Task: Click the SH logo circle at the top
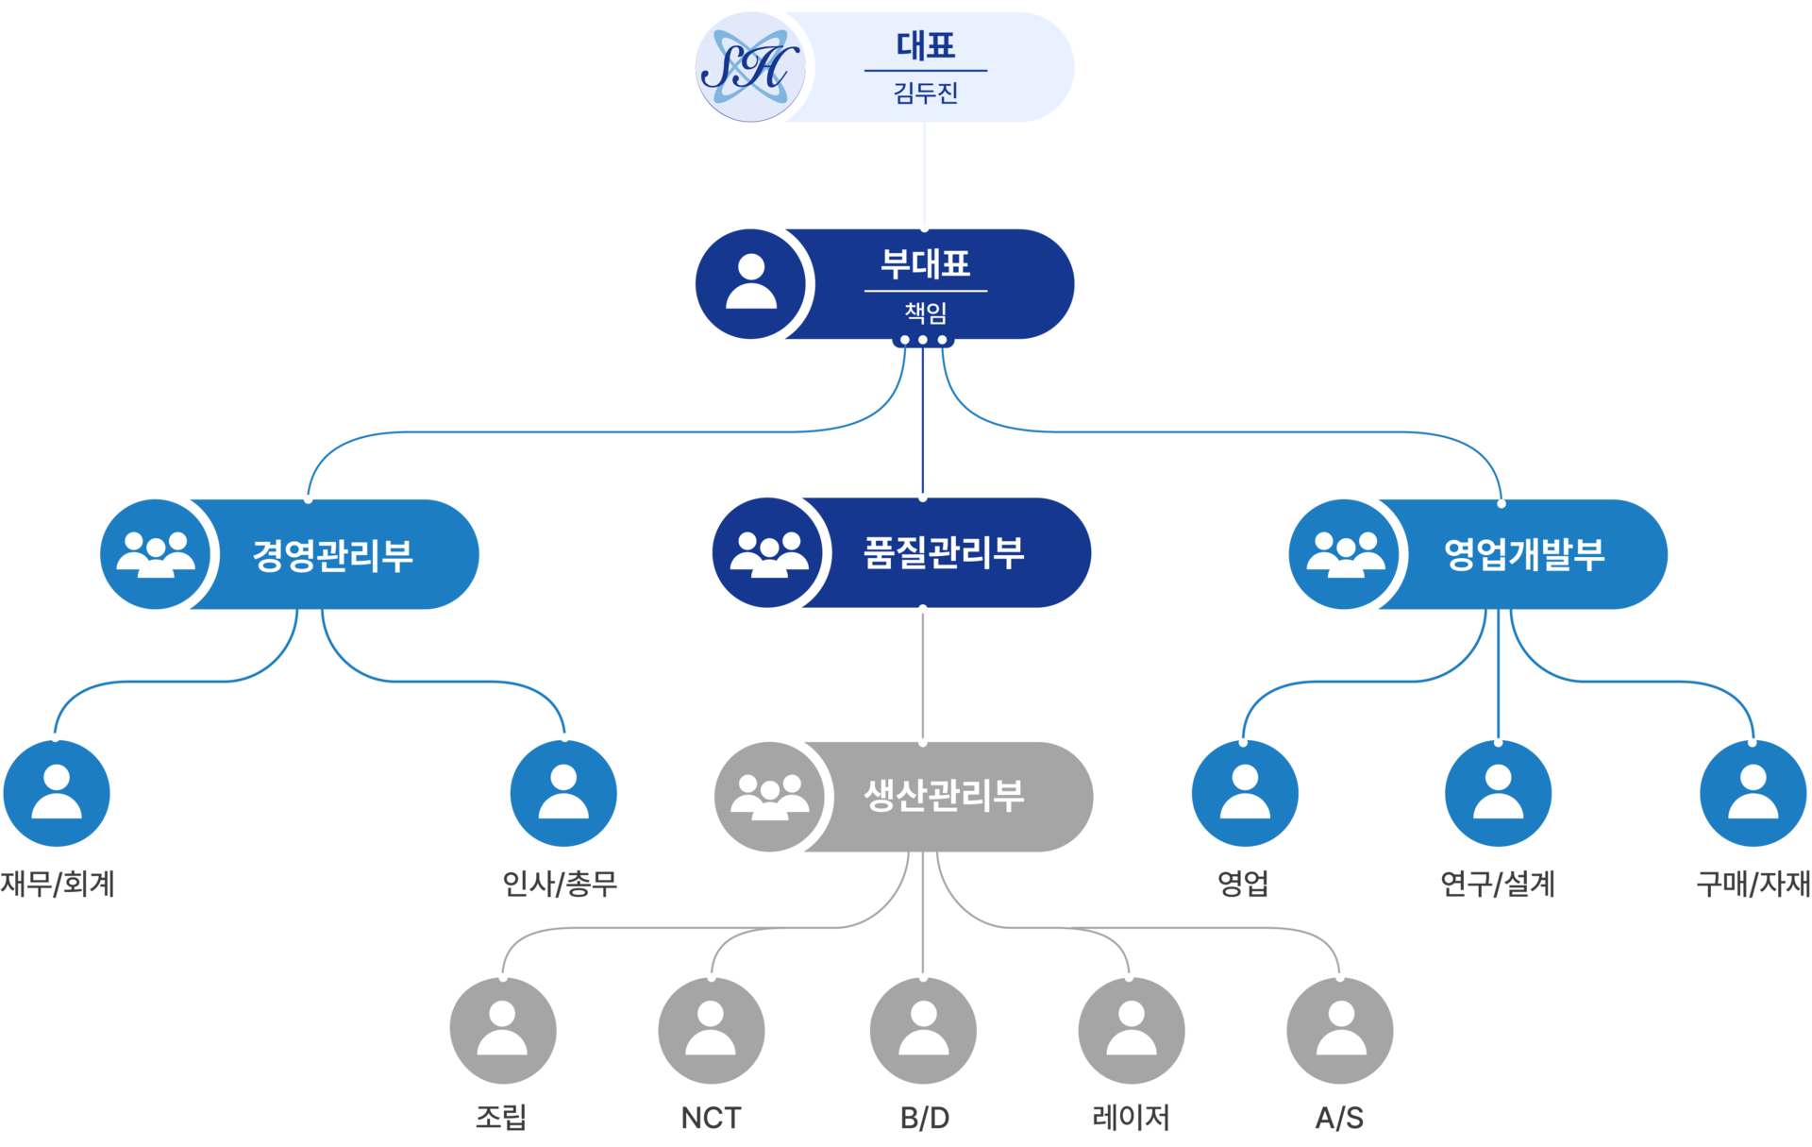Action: (748, 67)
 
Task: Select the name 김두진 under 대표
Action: (926, 93)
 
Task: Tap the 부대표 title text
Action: (925, 263)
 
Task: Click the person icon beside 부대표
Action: (751, 283)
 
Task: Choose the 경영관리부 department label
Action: (332, 554)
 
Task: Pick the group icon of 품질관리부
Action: (769, 553)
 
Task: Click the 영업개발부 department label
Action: (1524, 554)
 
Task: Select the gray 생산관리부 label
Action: (944, 796)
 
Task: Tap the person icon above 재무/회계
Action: (57, 793)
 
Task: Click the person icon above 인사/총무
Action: (563, 793)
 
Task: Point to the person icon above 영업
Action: (1245, 793)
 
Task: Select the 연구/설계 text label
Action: (1498, 884)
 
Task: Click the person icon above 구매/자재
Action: (1753, 793)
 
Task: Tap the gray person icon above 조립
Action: (503, 1030)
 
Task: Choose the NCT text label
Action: (711, 1119)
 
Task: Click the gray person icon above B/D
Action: (923, 1030)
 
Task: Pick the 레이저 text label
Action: (1131, 1119)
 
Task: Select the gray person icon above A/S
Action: (1340, 1030)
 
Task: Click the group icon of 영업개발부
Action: (1345, 554)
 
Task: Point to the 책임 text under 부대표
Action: (926, 312)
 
